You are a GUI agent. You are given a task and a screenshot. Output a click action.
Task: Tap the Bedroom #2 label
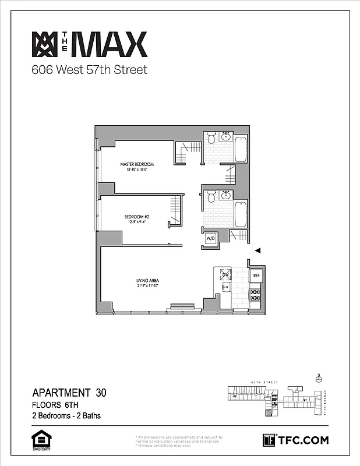pyautogui.click(x=137, y=217)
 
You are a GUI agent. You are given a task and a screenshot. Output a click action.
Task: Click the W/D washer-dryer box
pyautogui.click(x=210, y=238)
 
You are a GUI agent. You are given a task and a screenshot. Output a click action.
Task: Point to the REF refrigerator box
pyautogui.click(x=256, y=274)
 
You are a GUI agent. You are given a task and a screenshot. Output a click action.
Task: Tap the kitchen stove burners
pyautogui.click(x=255, y=295)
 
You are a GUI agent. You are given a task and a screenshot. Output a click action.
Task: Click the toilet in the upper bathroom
pyautogui.click(x=210, y=138)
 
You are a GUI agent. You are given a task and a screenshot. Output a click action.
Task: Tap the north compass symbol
pyautogui.click(x=318, y=379)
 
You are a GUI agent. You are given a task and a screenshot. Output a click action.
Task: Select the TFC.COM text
pyautogui.click(x=303, y=440)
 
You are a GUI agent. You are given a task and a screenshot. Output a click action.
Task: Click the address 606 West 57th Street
pyautogui.click(x=89, y=70)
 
